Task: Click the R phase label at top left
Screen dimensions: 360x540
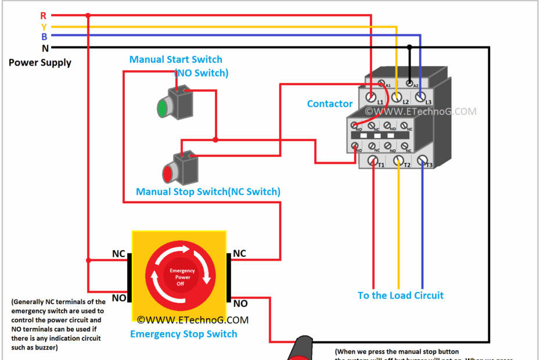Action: pyautogui.click(x=44, y=16)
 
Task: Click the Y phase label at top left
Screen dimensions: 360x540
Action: pyautogui.click(x=44, y=27)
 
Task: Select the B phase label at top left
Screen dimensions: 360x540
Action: pyautogui.click(x=44, y=37)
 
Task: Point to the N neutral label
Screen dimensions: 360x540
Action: pyautogui.click(x=45, y=48)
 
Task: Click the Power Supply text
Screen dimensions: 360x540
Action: pyautogui.click(x=40, y=63)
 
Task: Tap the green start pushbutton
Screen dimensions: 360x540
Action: pyautogui.click(x=163, y=107)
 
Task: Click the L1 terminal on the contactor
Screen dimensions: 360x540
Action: pyautogui.click(x=372, y=96)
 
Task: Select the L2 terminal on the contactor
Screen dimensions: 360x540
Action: pyautogui.click(x=397, y=96)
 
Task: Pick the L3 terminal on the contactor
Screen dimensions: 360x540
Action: pyautogui.click(x=420, y=96)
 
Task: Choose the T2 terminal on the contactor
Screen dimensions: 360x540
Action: pyautogui.click(x=398, y=160)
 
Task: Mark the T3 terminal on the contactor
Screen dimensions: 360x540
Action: pyautogui.click(x=423, y=160)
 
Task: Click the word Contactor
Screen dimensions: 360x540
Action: pyautogui.click(x=330, y=104)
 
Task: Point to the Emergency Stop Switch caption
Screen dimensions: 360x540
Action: pyautogui.click(x=183, y=334)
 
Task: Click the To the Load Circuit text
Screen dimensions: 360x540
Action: pyautogui.click(x=401, y=296)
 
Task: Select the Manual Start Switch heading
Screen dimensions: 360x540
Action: pyautogui.click(x=175, y=59)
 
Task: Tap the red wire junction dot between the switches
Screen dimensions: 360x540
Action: pyautogui.click(x=215, y=140)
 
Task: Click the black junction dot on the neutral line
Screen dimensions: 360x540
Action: pyautogui.click(x=409, y=48)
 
